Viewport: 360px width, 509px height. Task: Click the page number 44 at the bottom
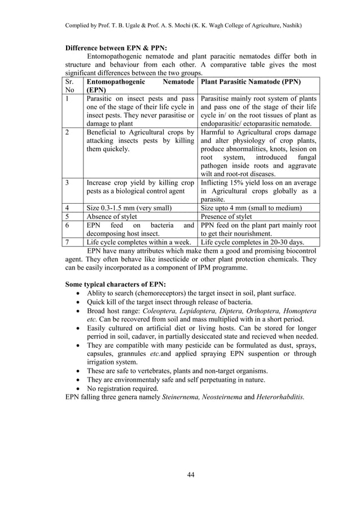[x=190, y=474]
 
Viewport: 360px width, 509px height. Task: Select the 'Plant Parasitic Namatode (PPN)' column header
[x=251, y=81]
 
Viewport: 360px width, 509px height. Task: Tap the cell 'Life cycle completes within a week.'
[x=140, y=242]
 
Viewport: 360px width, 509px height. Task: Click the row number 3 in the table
[x=67, y=183]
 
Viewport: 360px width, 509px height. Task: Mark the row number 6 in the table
[x=67, y=225]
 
